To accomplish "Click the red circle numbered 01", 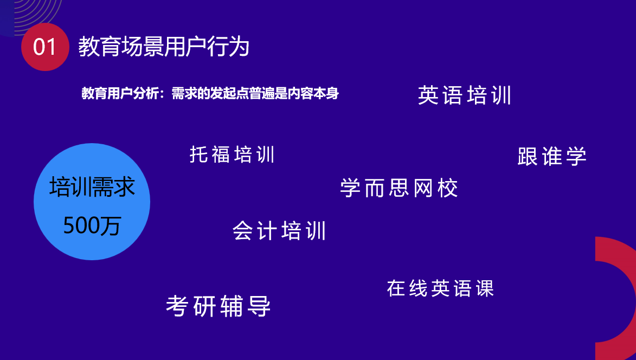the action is tap(45, 47).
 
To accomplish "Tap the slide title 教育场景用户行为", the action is tap(164, 47).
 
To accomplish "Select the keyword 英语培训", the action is tap(465, 95).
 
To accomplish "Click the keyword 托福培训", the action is tap(233, 155).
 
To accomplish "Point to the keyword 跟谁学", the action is tap(552, 157).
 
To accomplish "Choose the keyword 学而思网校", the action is tap(399, 188).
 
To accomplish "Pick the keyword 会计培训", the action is tap(279, 230).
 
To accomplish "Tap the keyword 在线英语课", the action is tap(440, 288).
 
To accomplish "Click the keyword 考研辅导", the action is tap(218, 306).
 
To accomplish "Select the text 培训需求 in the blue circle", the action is tap(92, 187).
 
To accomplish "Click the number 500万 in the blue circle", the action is tap(92, 226).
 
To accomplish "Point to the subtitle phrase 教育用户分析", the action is tap(120, 93).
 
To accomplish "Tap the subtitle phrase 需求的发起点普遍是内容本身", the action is tap(255, 93).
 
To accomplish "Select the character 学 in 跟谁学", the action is tap(576, 157).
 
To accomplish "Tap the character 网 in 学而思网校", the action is tap(423, 188).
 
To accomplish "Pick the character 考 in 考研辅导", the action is tap(177, 306).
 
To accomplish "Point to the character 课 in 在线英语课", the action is tap(485, 288).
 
